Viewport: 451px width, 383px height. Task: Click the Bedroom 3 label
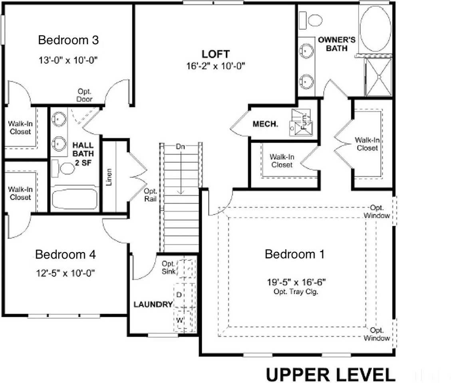68,40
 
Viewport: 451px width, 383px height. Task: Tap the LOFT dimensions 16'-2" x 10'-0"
215,66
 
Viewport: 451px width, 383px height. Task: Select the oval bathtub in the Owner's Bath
376,28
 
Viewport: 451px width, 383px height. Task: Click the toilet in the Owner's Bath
311,20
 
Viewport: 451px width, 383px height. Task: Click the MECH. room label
265,124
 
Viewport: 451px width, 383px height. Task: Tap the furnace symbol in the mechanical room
301,122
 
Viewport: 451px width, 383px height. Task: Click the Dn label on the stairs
180,146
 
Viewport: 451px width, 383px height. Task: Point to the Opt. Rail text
151,195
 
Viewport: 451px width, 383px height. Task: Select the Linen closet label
109,177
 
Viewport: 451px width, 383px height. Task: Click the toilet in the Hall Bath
63,169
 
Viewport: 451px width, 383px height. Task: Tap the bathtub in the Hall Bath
75,199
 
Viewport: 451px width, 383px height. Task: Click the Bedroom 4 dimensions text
65,273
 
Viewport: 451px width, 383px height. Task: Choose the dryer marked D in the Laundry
185,295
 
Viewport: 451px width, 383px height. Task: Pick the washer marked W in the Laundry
185,320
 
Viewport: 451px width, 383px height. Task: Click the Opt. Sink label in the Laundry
168,267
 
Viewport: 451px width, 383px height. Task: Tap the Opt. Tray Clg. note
296,292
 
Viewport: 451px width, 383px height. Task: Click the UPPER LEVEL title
331,375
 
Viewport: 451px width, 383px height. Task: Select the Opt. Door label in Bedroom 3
84,95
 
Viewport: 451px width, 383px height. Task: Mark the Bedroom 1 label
294,254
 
